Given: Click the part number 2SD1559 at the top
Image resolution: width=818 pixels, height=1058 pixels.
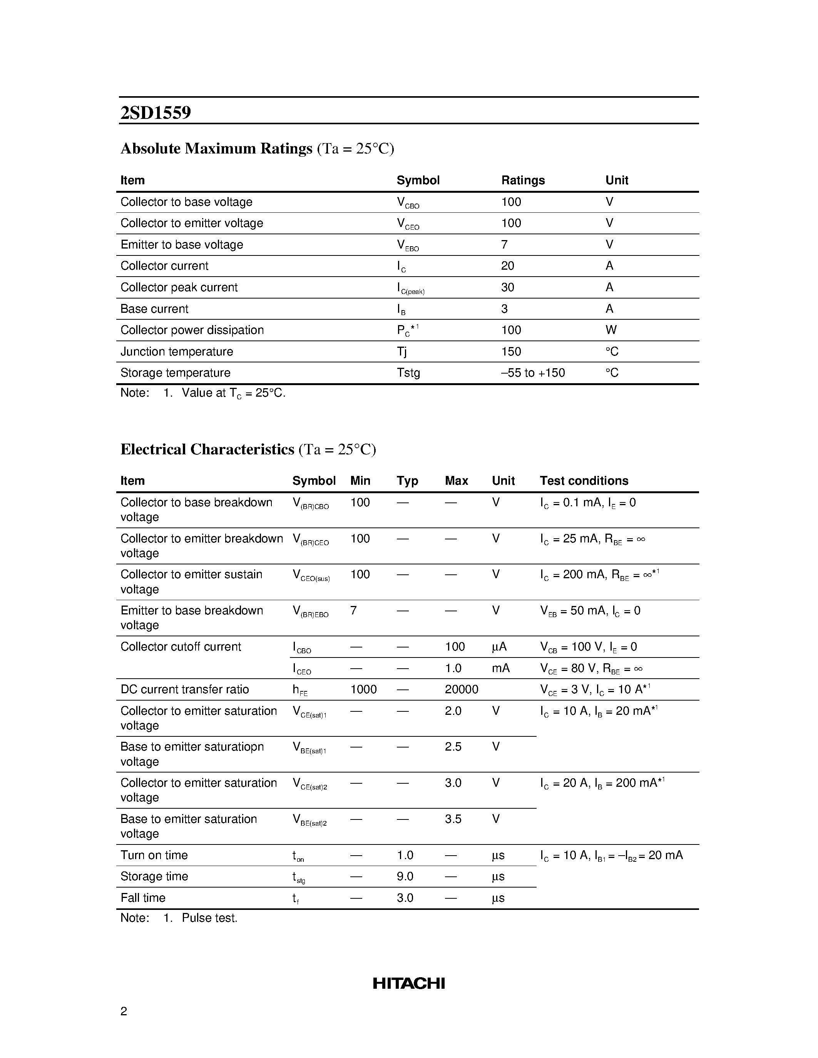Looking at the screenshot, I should tap(156, 113).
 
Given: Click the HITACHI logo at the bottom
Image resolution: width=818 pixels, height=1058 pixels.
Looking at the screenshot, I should tap(408, 983).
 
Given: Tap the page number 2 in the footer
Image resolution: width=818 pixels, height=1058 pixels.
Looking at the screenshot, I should tap(124, 1011).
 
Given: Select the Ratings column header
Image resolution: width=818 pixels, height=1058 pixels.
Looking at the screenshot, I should tap(522, 180).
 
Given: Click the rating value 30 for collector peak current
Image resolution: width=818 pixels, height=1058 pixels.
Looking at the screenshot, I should tap(507, 287).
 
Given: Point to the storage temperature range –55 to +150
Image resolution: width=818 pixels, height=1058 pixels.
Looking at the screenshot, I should tap(533, 372).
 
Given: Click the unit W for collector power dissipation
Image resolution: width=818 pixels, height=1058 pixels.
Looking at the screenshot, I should tap(611, 330).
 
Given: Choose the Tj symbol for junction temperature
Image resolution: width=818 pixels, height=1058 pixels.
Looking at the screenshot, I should tap(402, 352).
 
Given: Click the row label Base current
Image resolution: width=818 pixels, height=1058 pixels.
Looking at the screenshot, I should tap(154, 309).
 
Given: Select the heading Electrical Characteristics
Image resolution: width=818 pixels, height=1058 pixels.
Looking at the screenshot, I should tap(207, 449).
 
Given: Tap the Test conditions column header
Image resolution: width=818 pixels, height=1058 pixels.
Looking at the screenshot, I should tap(584, 481).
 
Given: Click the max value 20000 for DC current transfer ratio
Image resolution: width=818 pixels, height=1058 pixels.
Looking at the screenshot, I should tap(461, 689).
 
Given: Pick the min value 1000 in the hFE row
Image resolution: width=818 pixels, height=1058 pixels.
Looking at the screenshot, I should tap(363, 689).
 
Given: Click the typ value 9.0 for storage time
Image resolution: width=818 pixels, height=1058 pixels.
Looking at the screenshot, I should tap(405, 876).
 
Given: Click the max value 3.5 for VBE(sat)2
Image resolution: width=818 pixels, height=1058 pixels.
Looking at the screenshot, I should tap(453, 819).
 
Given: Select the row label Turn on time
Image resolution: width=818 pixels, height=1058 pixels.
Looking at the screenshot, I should tap(154, 855).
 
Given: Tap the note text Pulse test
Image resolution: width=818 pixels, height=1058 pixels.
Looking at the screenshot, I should tap(209, 918).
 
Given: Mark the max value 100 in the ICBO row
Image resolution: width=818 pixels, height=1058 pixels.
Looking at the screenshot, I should tap(455, 647).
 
